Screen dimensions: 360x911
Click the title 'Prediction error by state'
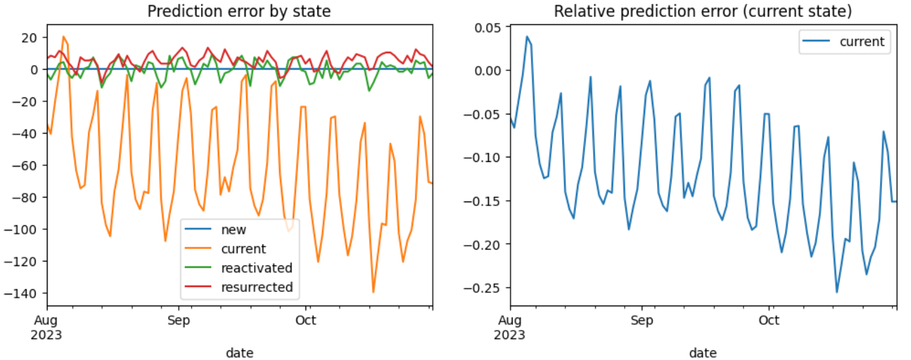point(239,11)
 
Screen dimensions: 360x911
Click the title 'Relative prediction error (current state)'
point(702,11)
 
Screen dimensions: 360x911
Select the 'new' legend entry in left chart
point(234,230)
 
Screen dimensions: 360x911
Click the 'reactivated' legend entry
point(256,268)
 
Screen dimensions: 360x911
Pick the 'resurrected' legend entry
point(256,288)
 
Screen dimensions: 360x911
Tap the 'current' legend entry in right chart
point(861,42)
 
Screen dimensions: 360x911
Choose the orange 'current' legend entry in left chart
point(243,249)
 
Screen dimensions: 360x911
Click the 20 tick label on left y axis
point(29,38)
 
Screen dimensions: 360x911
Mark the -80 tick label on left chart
point(25,198)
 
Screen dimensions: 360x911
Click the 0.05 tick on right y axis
point(488,28)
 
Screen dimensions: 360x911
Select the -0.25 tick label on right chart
point(482,288)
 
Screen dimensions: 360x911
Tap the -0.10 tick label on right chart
point(482,157)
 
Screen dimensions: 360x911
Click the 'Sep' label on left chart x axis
point(179,320)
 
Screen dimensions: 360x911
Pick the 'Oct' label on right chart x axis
point(768,320)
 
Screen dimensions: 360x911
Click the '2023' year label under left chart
point(46,335)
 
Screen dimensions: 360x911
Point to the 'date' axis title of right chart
point(702,353)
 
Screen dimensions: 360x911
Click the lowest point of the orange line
point(373,292)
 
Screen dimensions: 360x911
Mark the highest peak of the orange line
point(63,37)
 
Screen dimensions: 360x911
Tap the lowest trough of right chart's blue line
point(837,292)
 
